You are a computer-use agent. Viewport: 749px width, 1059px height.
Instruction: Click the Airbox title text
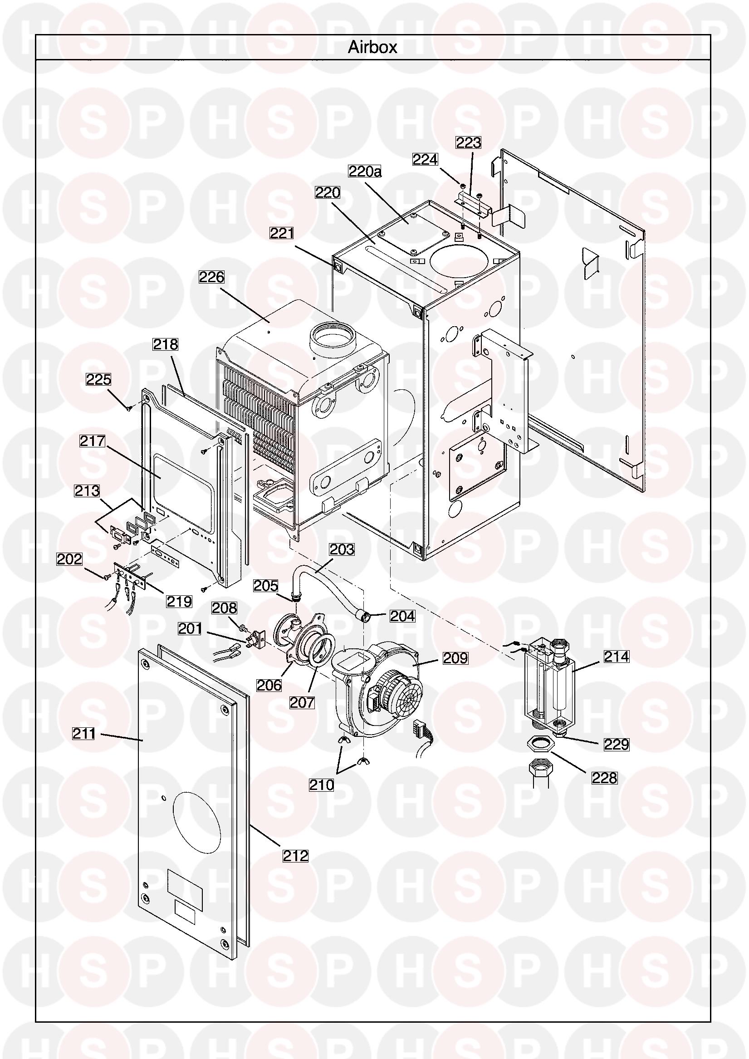tap(372, 48)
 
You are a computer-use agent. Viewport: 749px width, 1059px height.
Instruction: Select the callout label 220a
tap(365, 172)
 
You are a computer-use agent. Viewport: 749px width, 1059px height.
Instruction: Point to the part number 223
tap(469, 143)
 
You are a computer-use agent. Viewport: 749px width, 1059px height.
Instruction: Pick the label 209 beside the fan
tap(455, 658)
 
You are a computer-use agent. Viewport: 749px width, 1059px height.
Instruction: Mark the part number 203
tap(342, 549)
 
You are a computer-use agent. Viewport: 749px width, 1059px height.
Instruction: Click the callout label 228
tap(604, 778)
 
